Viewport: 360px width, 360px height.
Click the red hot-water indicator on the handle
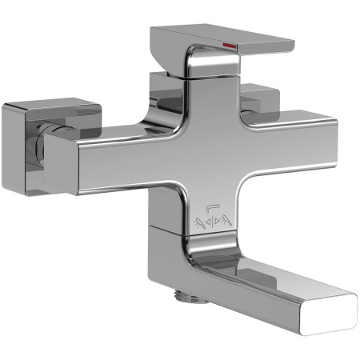[x=229, y=46]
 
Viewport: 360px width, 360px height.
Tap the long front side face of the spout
[x=264, y=308]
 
